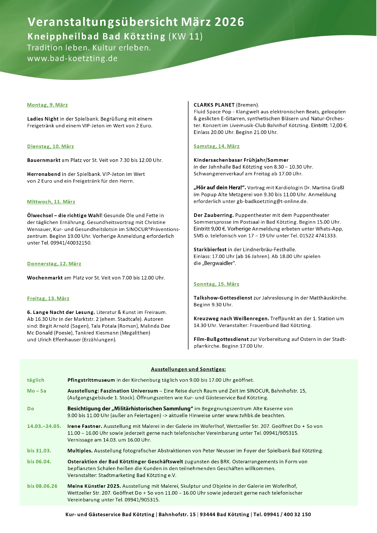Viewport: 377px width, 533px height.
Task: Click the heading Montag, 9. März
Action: pyautogui.click(x=47, y=105)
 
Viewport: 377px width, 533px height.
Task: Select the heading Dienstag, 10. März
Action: pyautogui.click(x=50, y=146)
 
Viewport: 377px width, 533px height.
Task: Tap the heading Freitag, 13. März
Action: pyautogui.click(x=48, y=299)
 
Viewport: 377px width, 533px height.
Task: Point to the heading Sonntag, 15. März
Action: pyautogui.click(x=216, y=284)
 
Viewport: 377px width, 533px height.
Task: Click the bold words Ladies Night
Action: pyautogui.click(x=43, y=119)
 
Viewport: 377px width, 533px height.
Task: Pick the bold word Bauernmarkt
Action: pyautogui.click(x=44, y=160)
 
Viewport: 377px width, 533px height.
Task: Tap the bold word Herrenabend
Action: pyautogui.click(x=44, y=174)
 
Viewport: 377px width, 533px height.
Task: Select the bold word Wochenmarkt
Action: pyautogui.click(x=45, y=278)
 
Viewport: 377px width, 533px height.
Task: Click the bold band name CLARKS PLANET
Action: pyautogui.click(x=214, y=105)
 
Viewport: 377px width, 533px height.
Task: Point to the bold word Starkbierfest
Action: pyautogui.click(x=210, y=250)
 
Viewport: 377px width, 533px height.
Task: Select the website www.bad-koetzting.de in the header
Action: pyautogui.click(x=72, y=58)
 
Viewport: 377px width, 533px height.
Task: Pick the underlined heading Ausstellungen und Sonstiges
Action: pyautogui.click(x=188, y=370)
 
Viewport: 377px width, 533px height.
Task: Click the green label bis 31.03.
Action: pyautogui.click(x=39, y=451)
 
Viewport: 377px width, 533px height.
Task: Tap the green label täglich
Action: pyautogui.click(x=36, y=380)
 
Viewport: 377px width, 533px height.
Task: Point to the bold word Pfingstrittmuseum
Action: pyautogui.click(x=91, y=380)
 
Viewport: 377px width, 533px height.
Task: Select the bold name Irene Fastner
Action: pyautogui.click(x=85, y=426)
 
